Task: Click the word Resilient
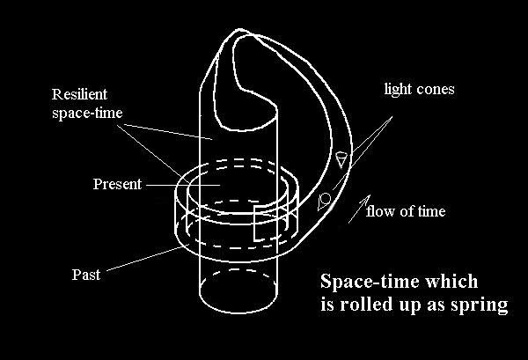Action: (79, 94)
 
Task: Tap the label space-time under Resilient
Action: (87, 113)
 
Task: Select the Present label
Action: (117, 184)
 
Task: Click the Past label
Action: (86, 275)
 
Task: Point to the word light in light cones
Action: (398, 90)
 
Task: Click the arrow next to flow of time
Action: (359, 209)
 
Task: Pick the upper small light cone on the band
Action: (341, 159)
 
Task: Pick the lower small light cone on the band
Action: (323, 201)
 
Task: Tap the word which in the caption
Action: (451, 281)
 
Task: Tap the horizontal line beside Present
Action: (183, 185)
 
